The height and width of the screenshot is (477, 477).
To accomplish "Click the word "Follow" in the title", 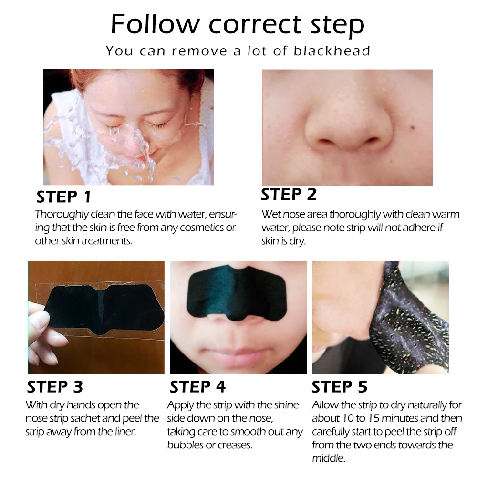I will (x=155, y=24).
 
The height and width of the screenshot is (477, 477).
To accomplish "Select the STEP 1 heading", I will (x=63, y=197).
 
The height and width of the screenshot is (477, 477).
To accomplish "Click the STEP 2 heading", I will (x=289, y=195).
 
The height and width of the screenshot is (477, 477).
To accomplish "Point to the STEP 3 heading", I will (x=55, y=386).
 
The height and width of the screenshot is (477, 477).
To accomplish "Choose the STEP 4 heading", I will (x=197, y=386).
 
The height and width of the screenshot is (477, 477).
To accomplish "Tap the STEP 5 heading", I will (x=339, y=386).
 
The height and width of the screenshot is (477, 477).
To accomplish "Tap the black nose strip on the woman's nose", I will (x=237, y=291).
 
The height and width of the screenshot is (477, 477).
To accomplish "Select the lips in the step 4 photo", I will (x=237, y=355).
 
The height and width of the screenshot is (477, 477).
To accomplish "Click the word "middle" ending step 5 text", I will (x=329, y=458).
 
